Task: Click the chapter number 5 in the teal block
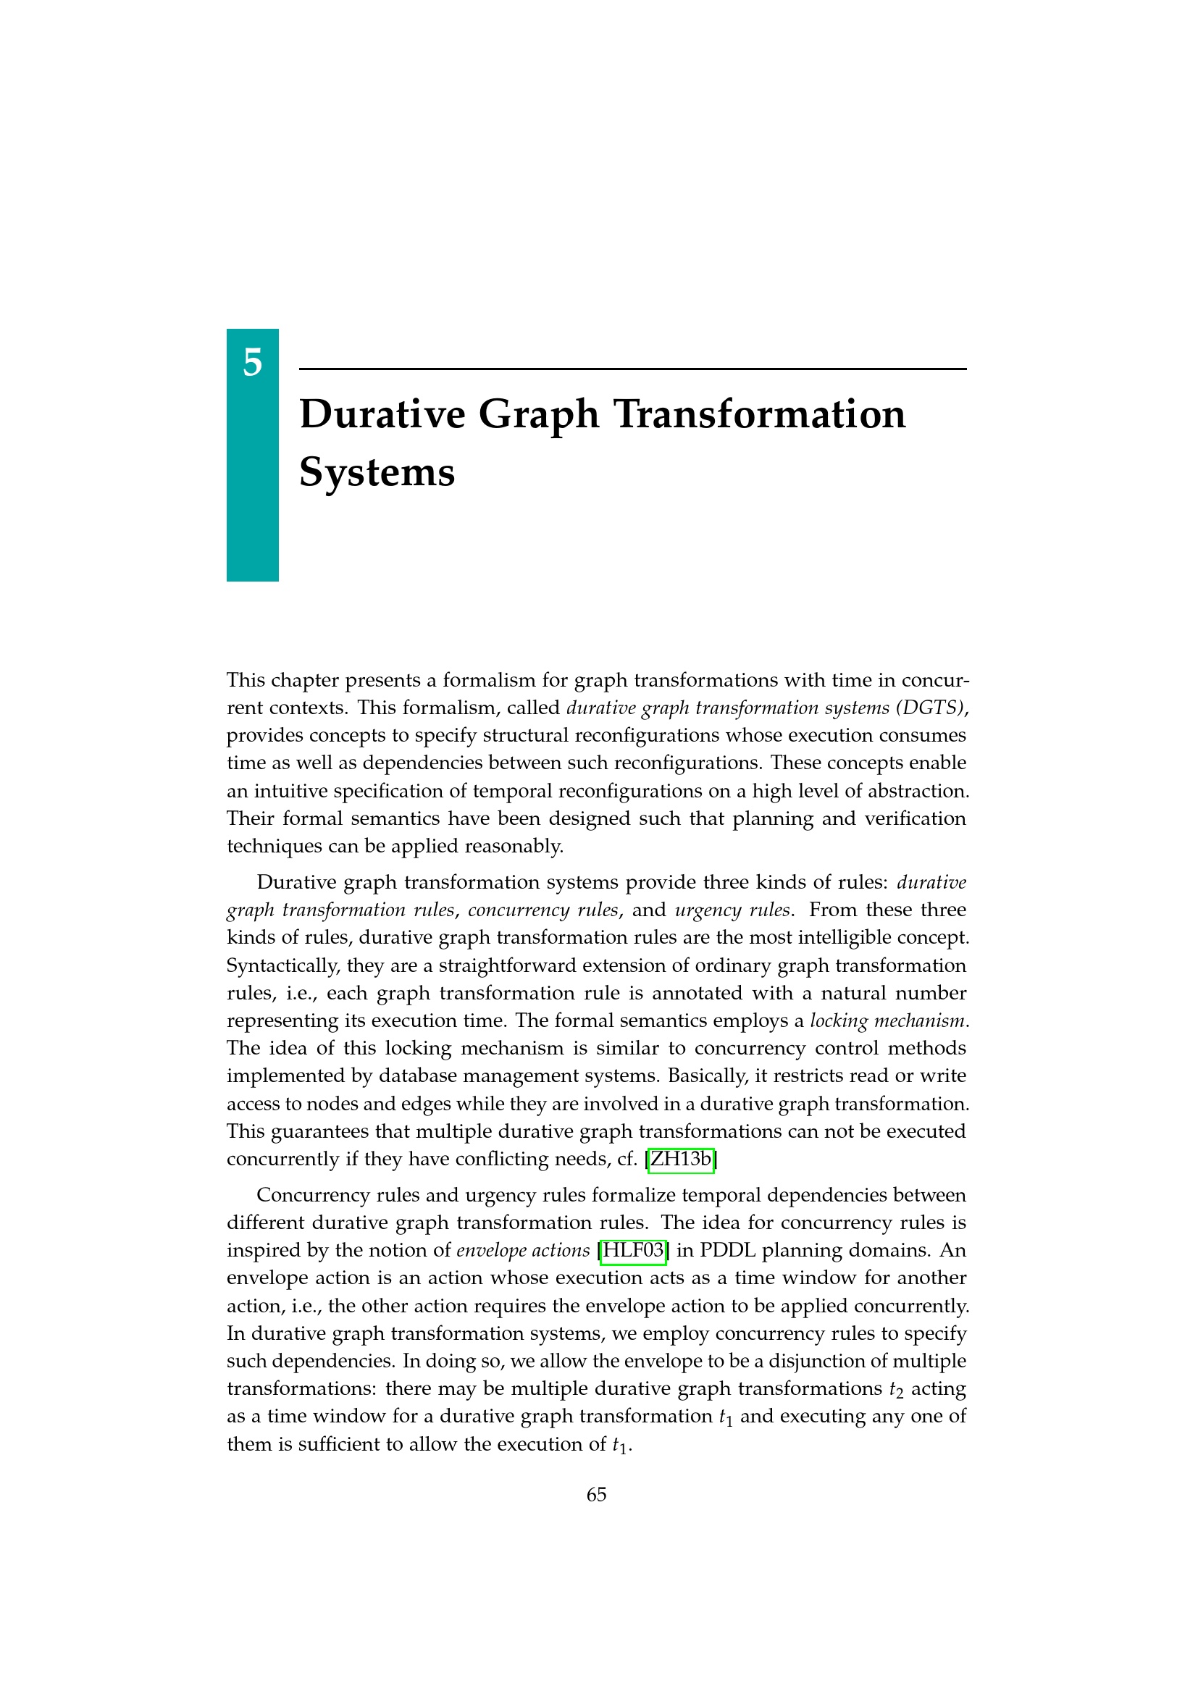[252, 363]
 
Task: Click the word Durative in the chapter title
[382, 415]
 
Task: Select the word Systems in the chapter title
[377, 472]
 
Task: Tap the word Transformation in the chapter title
[759, 415]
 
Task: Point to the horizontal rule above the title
[632, 369]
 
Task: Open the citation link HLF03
[634, 1251]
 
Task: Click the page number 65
[596, 1495]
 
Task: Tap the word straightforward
[529, 966]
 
